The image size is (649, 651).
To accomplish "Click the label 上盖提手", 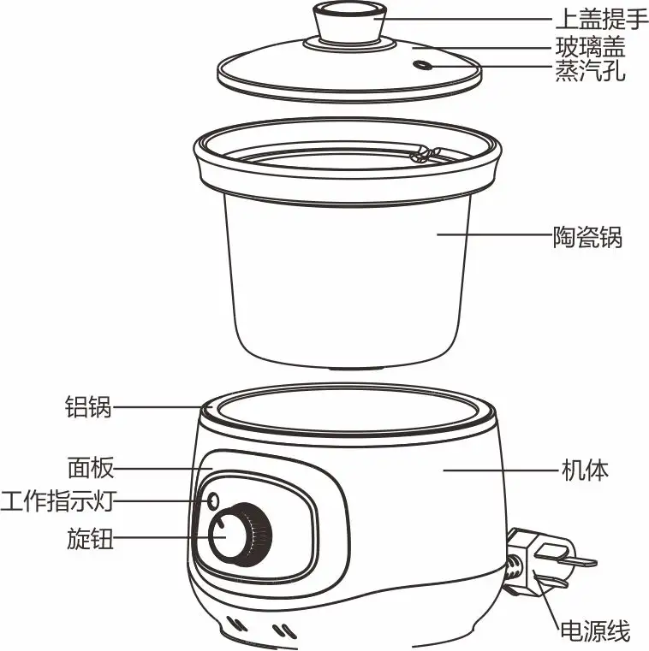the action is click(602, 19).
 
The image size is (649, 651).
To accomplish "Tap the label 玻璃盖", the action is click(590, 46).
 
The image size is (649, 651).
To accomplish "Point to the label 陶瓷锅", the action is click(587, 237).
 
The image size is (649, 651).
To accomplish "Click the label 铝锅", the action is click(88, 406).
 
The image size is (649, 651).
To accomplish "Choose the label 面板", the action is click(91, 468).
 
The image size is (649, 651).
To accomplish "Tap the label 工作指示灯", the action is click(57, 500).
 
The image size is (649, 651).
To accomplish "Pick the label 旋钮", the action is click(90, 538).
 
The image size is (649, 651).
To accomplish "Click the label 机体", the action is click(585, 470).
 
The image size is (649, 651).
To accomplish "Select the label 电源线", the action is click(595, 630).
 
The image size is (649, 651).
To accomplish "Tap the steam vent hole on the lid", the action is click(422, 65).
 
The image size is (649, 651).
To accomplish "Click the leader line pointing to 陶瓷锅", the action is click(494, 234).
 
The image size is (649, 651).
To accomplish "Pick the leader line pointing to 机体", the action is click(501, 470).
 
